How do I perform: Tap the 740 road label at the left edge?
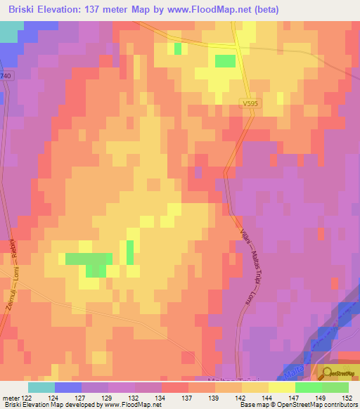6,75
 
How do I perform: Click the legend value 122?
27,398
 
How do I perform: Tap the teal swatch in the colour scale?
41,387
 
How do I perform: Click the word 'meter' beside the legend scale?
10,398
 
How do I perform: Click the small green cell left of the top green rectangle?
178,48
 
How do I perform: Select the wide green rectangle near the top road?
225,61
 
